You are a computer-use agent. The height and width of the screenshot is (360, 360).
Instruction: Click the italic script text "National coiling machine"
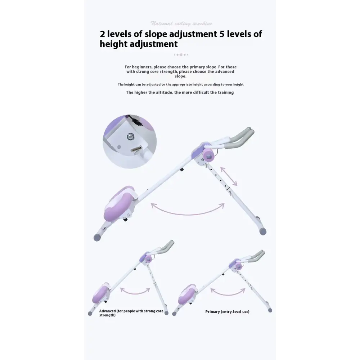point(181,23)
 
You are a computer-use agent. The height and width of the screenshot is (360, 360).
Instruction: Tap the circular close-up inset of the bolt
point(130,141)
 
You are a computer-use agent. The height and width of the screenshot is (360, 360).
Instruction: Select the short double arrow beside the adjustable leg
point(229,176)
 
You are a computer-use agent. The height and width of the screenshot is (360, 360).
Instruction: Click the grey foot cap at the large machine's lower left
point(98,237)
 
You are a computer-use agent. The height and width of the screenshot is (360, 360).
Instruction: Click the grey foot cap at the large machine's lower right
point(262,231)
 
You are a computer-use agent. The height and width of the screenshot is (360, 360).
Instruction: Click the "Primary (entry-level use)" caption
point(227,312)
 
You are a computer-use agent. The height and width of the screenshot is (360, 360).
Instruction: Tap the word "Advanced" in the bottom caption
point(108,311)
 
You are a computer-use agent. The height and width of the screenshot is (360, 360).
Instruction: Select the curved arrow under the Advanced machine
point(135,291)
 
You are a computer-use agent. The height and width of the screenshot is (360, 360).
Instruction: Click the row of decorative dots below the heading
point(181,55)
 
